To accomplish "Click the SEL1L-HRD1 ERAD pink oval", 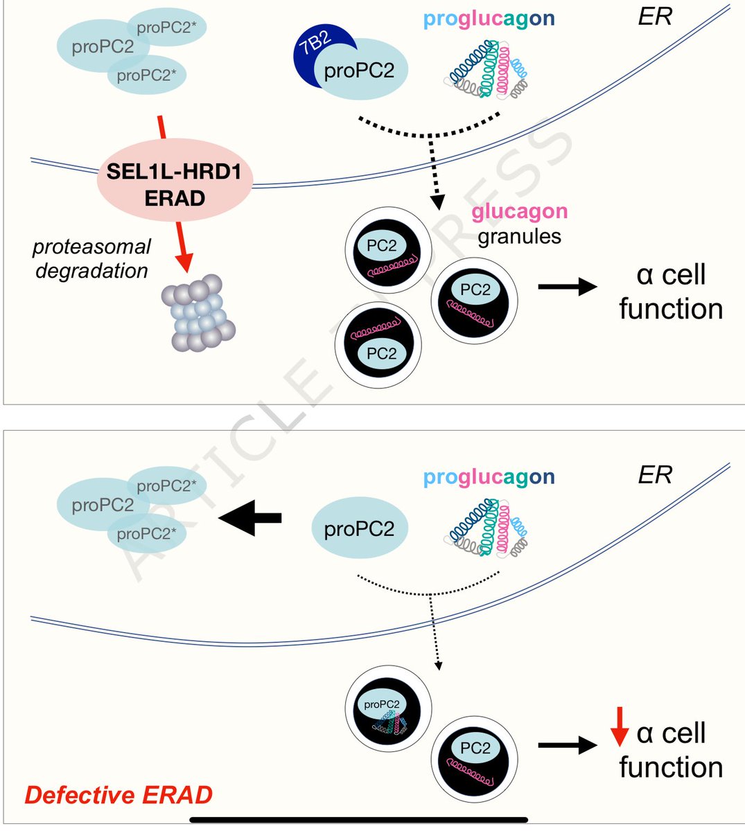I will (175, 185).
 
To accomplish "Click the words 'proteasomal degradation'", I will (91, 258).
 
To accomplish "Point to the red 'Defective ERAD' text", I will (119, 795).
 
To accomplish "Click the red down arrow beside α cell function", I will (620, 727).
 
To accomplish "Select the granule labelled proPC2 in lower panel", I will (387, 710).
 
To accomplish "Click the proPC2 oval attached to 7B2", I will (360, 70).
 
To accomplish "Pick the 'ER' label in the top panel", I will (654, 17).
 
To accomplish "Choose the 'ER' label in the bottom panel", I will (654, 476).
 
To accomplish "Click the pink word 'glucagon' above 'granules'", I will (519, 211).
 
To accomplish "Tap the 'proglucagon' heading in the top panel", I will (489, 19).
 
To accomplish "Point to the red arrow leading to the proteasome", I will (181, 247).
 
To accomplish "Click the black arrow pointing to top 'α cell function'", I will (567, 286).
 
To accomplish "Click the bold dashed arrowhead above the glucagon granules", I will (437, 202).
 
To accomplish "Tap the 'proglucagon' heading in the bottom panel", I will (489, 477).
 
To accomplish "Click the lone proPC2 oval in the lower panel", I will (359, 530).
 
